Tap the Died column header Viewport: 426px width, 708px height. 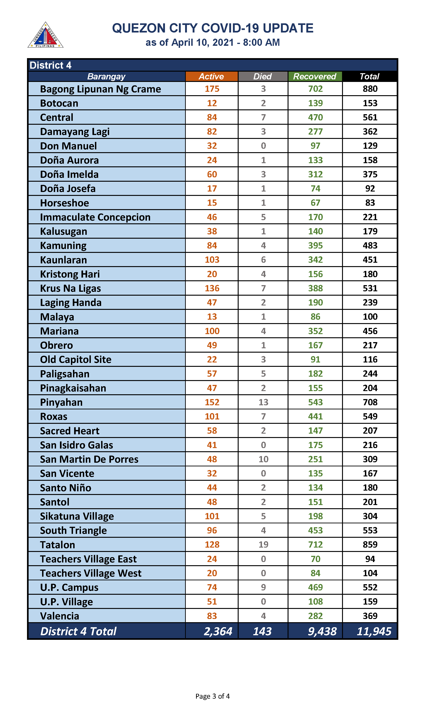click(262, 76)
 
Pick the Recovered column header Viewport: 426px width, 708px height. click(315, 76)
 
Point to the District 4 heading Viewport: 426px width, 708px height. click(51, 65)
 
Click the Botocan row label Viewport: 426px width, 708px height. click(59, 103)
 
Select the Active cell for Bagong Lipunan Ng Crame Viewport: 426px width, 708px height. click(212, 89)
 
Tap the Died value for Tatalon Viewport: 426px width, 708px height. click(263, 545)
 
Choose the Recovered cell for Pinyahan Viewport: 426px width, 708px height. click(315, 402)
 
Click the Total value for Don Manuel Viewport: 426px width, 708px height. click(370, 146)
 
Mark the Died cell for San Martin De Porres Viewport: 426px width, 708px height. click(263, 459)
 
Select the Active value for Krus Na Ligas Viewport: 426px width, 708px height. click(212, 288)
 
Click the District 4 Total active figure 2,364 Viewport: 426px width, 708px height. click(218, 631)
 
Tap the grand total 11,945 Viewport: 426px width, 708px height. click(374, 631)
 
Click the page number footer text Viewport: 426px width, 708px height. click(212, 696)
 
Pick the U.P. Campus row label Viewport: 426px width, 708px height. click(69, 587)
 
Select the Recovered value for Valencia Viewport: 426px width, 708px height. click(315, 616)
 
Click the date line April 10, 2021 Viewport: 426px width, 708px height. click(212, 43)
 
